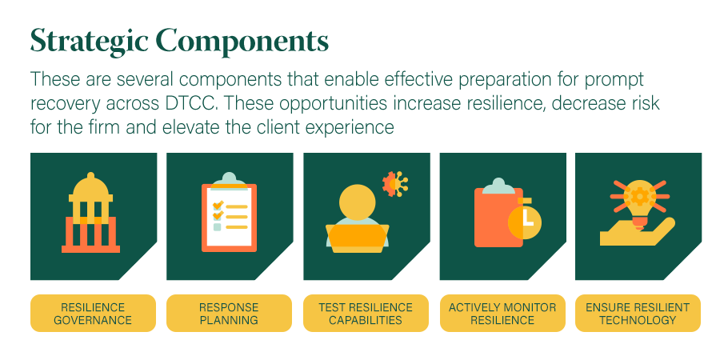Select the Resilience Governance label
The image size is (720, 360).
(x=93, y=313)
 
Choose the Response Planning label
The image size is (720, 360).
(x=229, y=313)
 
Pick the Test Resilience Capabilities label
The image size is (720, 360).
(x=366, y=313)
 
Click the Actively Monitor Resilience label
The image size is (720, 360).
(x=502, y=313)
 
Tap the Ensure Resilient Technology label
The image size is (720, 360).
(x=638, y=313)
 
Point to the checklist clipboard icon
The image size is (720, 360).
(x=229, y=212)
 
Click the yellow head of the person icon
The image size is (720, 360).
(x=358, y=202)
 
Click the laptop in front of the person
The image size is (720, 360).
(x=358, y=238)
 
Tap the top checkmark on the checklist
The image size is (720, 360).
(x=218, y=204)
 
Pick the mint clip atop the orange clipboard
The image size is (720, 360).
(x=498, y=186)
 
